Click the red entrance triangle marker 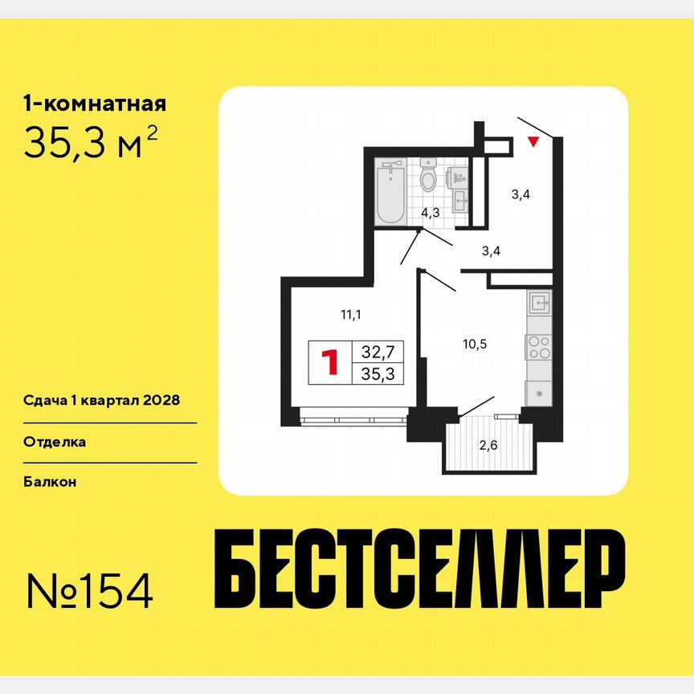(532, 143)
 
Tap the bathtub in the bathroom (391, 191)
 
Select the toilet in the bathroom (428, 177)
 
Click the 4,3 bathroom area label (431, 213)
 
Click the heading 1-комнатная (95, 104)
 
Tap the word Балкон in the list (51, 481)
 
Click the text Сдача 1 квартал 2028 (100, 400)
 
